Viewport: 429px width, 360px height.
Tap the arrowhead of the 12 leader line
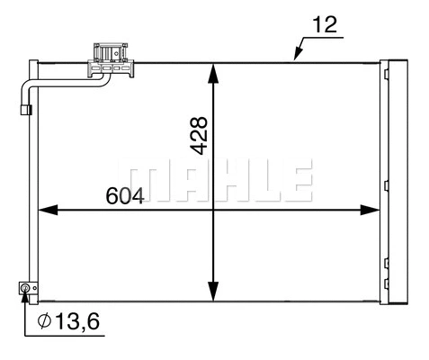tap(295, 58)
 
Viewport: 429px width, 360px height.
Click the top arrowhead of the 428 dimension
tap(213, 70)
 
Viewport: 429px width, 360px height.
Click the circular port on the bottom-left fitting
tap(26, 288)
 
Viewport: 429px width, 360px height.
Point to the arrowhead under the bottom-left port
tap(26, 299)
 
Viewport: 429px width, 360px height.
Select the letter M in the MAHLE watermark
tap(149, 183)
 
